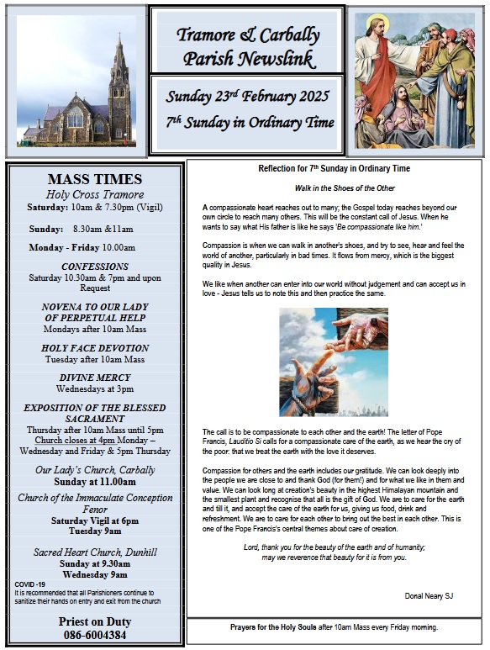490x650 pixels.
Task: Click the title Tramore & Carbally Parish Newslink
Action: (x=248, y=46)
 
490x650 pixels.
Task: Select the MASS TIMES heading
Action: (x=95, y=179)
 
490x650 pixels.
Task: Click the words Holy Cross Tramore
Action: (x=95, y=195)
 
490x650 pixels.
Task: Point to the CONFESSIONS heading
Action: (x=95, y=267)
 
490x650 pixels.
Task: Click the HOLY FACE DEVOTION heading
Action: (x=95, y=348)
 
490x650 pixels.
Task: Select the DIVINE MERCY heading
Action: (x=95, y=378)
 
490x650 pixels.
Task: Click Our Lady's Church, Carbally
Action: (x=95, y=470)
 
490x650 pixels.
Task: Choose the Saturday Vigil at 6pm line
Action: (x=95, y=521)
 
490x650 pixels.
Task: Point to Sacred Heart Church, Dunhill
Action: (x=95, y=552)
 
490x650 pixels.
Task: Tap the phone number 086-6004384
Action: (x=95, y=637)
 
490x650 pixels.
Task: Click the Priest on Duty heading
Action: (x=95, y=622)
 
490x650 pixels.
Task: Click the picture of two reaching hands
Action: (x=334, y=362)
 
